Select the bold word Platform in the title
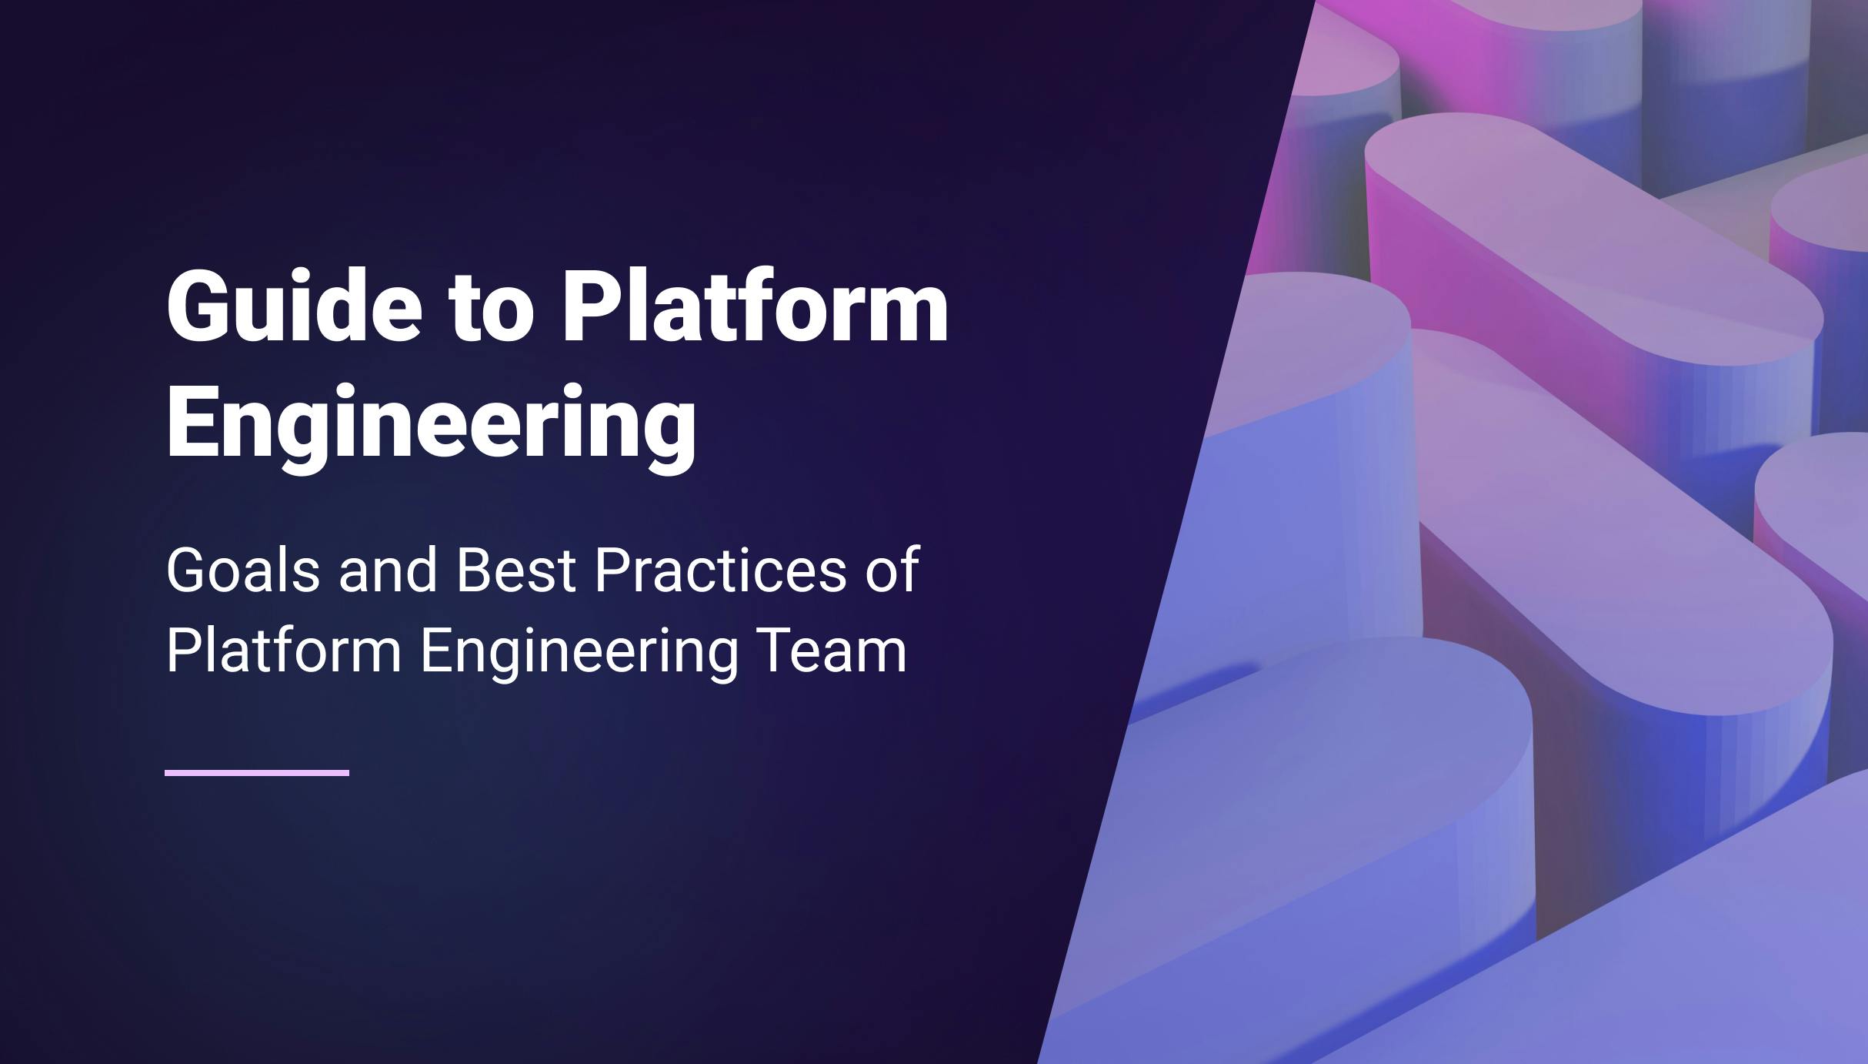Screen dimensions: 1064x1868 point(755,306)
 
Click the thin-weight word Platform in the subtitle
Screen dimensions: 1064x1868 point(283,651)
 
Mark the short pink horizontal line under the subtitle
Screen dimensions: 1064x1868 point(257,772)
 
